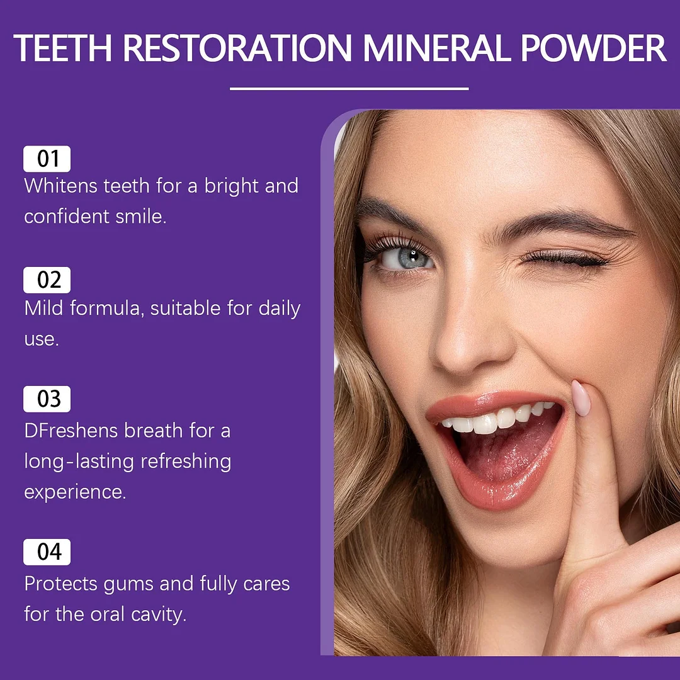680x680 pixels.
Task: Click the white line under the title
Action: (349, 89)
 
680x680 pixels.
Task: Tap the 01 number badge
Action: (47, 159)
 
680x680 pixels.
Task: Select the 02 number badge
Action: (47, 280)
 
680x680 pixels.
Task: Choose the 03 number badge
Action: (47, 399)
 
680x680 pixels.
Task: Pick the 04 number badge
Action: (47, 552)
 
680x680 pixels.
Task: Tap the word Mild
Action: (43, 309)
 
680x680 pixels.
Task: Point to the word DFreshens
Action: (71, 431)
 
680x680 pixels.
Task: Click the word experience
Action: (75, 492)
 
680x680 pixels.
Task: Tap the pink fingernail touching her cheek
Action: (581, 398)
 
